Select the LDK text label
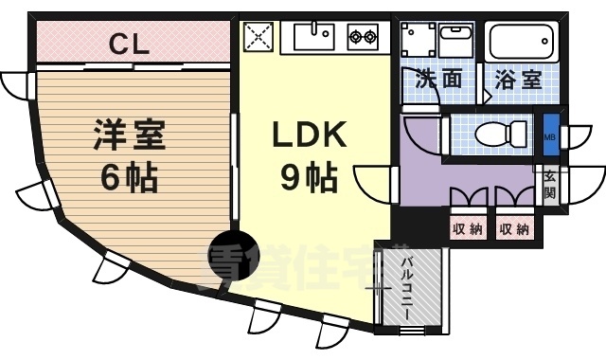tap(310, 136)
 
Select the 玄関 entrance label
tap(550, 186)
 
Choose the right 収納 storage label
tap(513, 228)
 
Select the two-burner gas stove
tap(363, 38)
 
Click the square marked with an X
tap(258, 38)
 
